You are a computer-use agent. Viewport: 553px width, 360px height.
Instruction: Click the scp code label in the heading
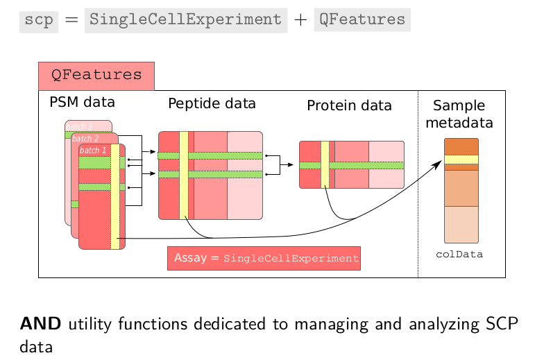pyautogui.click(x=38, y=19)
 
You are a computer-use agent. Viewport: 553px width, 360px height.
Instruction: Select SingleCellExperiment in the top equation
pyautogui.click(x=185, y=19)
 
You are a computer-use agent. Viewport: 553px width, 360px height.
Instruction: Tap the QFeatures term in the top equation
pyautogui.click(x=361, y=19)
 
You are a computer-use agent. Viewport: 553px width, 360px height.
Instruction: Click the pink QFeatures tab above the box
pyautogui.click(x=96, y=76)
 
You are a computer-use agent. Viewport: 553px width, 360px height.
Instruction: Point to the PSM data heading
pyautogui.click(x=82, y=103)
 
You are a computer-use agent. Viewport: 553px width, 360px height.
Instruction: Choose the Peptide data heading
pyautogui.click(x=212, y=104)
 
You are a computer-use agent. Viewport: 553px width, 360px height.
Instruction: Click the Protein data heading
pyautogui.click(x=349, y=106)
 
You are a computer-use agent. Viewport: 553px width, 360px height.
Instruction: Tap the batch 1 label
pyautogui.click(x=93, y=150)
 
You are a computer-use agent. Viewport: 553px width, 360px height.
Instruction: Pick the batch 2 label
pyautogui.click(x=85, y=139)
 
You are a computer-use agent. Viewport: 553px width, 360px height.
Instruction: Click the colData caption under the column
pyautogui.click(x=459, y=255)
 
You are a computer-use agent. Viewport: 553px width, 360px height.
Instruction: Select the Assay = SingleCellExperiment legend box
pyautogui.click(x=264, y=258)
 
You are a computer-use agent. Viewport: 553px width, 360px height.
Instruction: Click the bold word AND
pyautogui.click(x=42, y=323)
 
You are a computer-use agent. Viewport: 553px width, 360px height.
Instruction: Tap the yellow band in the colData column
pyautogui.click(x=461, y=160)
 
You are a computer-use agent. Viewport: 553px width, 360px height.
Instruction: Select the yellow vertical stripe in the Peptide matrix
pyautogui.click(x=184, y=175)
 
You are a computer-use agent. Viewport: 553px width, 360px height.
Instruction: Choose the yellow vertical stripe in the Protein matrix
pyautogui.click(x=325, y=164)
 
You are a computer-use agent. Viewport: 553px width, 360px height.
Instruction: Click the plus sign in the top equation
pyautogui.click(x=300, y=20)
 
